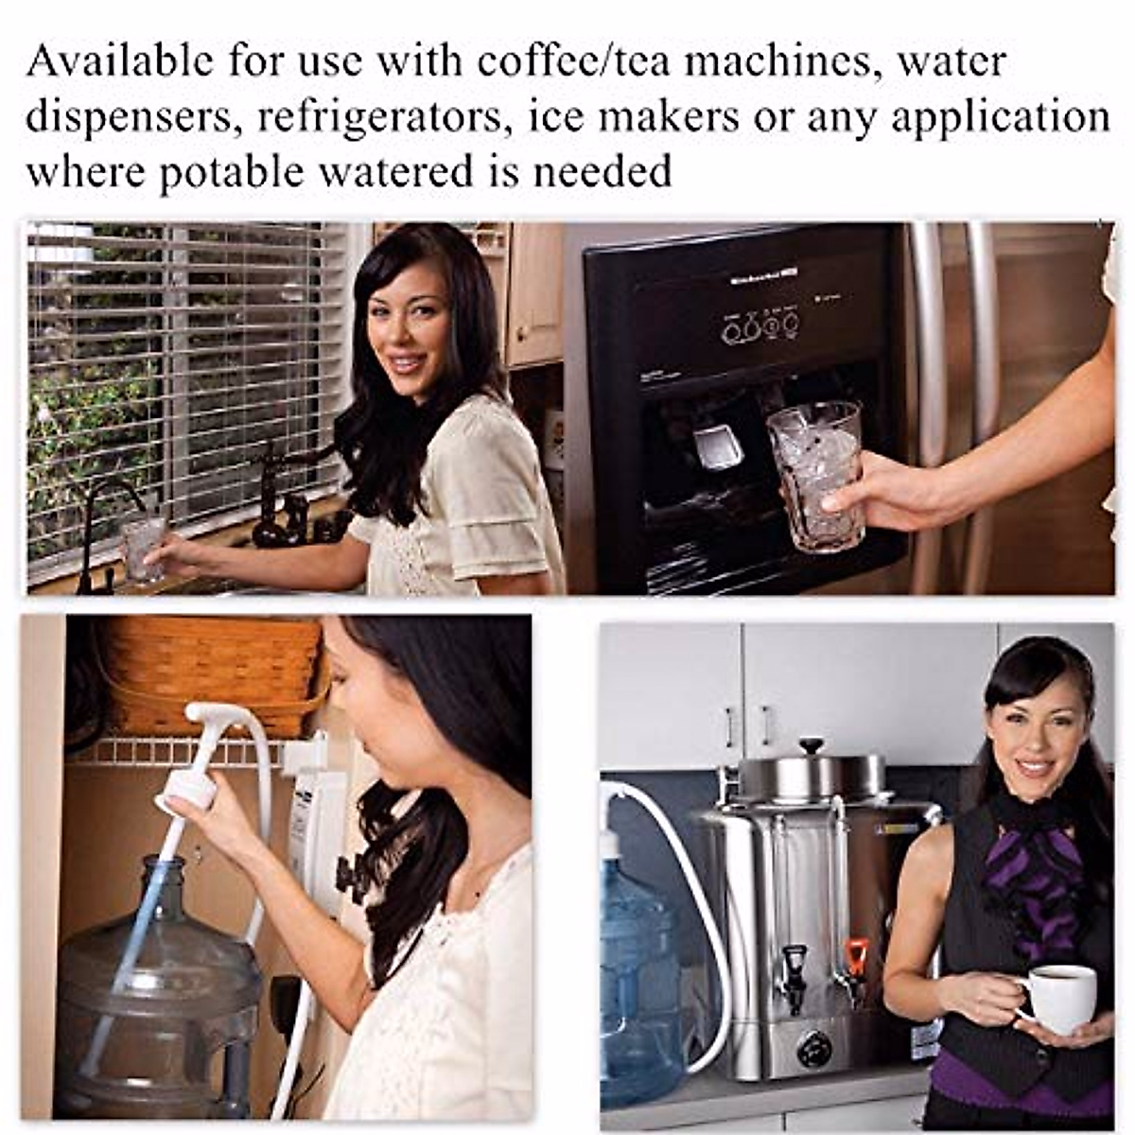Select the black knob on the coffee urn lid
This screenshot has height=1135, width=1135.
click(812, 746)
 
